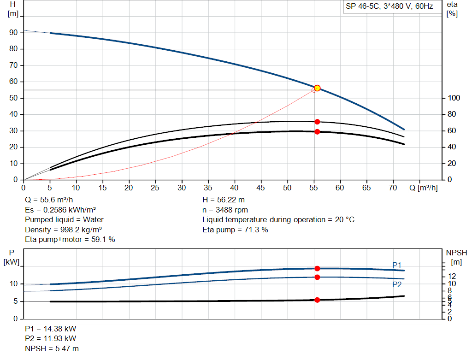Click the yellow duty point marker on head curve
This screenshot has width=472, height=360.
(x=317, y=88)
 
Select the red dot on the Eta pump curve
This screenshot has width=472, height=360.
(x=317, y=122)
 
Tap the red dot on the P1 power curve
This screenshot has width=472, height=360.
(x=317, y=268)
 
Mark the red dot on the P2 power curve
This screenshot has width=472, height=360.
(x=317, y=277)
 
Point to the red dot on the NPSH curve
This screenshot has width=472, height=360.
(x=317, y=300)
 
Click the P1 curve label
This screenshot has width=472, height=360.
(x=396, y=265)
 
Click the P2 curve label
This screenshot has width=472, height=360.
(x=396, y=285)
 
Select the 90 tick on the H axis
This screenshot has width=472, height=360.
(x=14, y=33)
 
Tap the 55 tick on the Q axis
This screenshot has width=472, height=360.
(x=314, y=188)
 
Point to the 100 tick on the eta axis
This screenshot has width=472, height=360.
(x=453, y=98)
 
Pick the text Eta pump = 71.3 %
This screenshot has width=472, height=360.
(x=235, y=230)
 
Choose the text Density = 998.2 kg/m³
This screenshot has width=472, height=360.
(x=64, y=230)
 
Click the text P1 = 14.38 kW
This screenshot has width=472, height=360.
(x=51, y=329)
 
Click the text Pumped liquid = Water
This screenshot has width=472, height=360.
(x=65, y=219)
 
